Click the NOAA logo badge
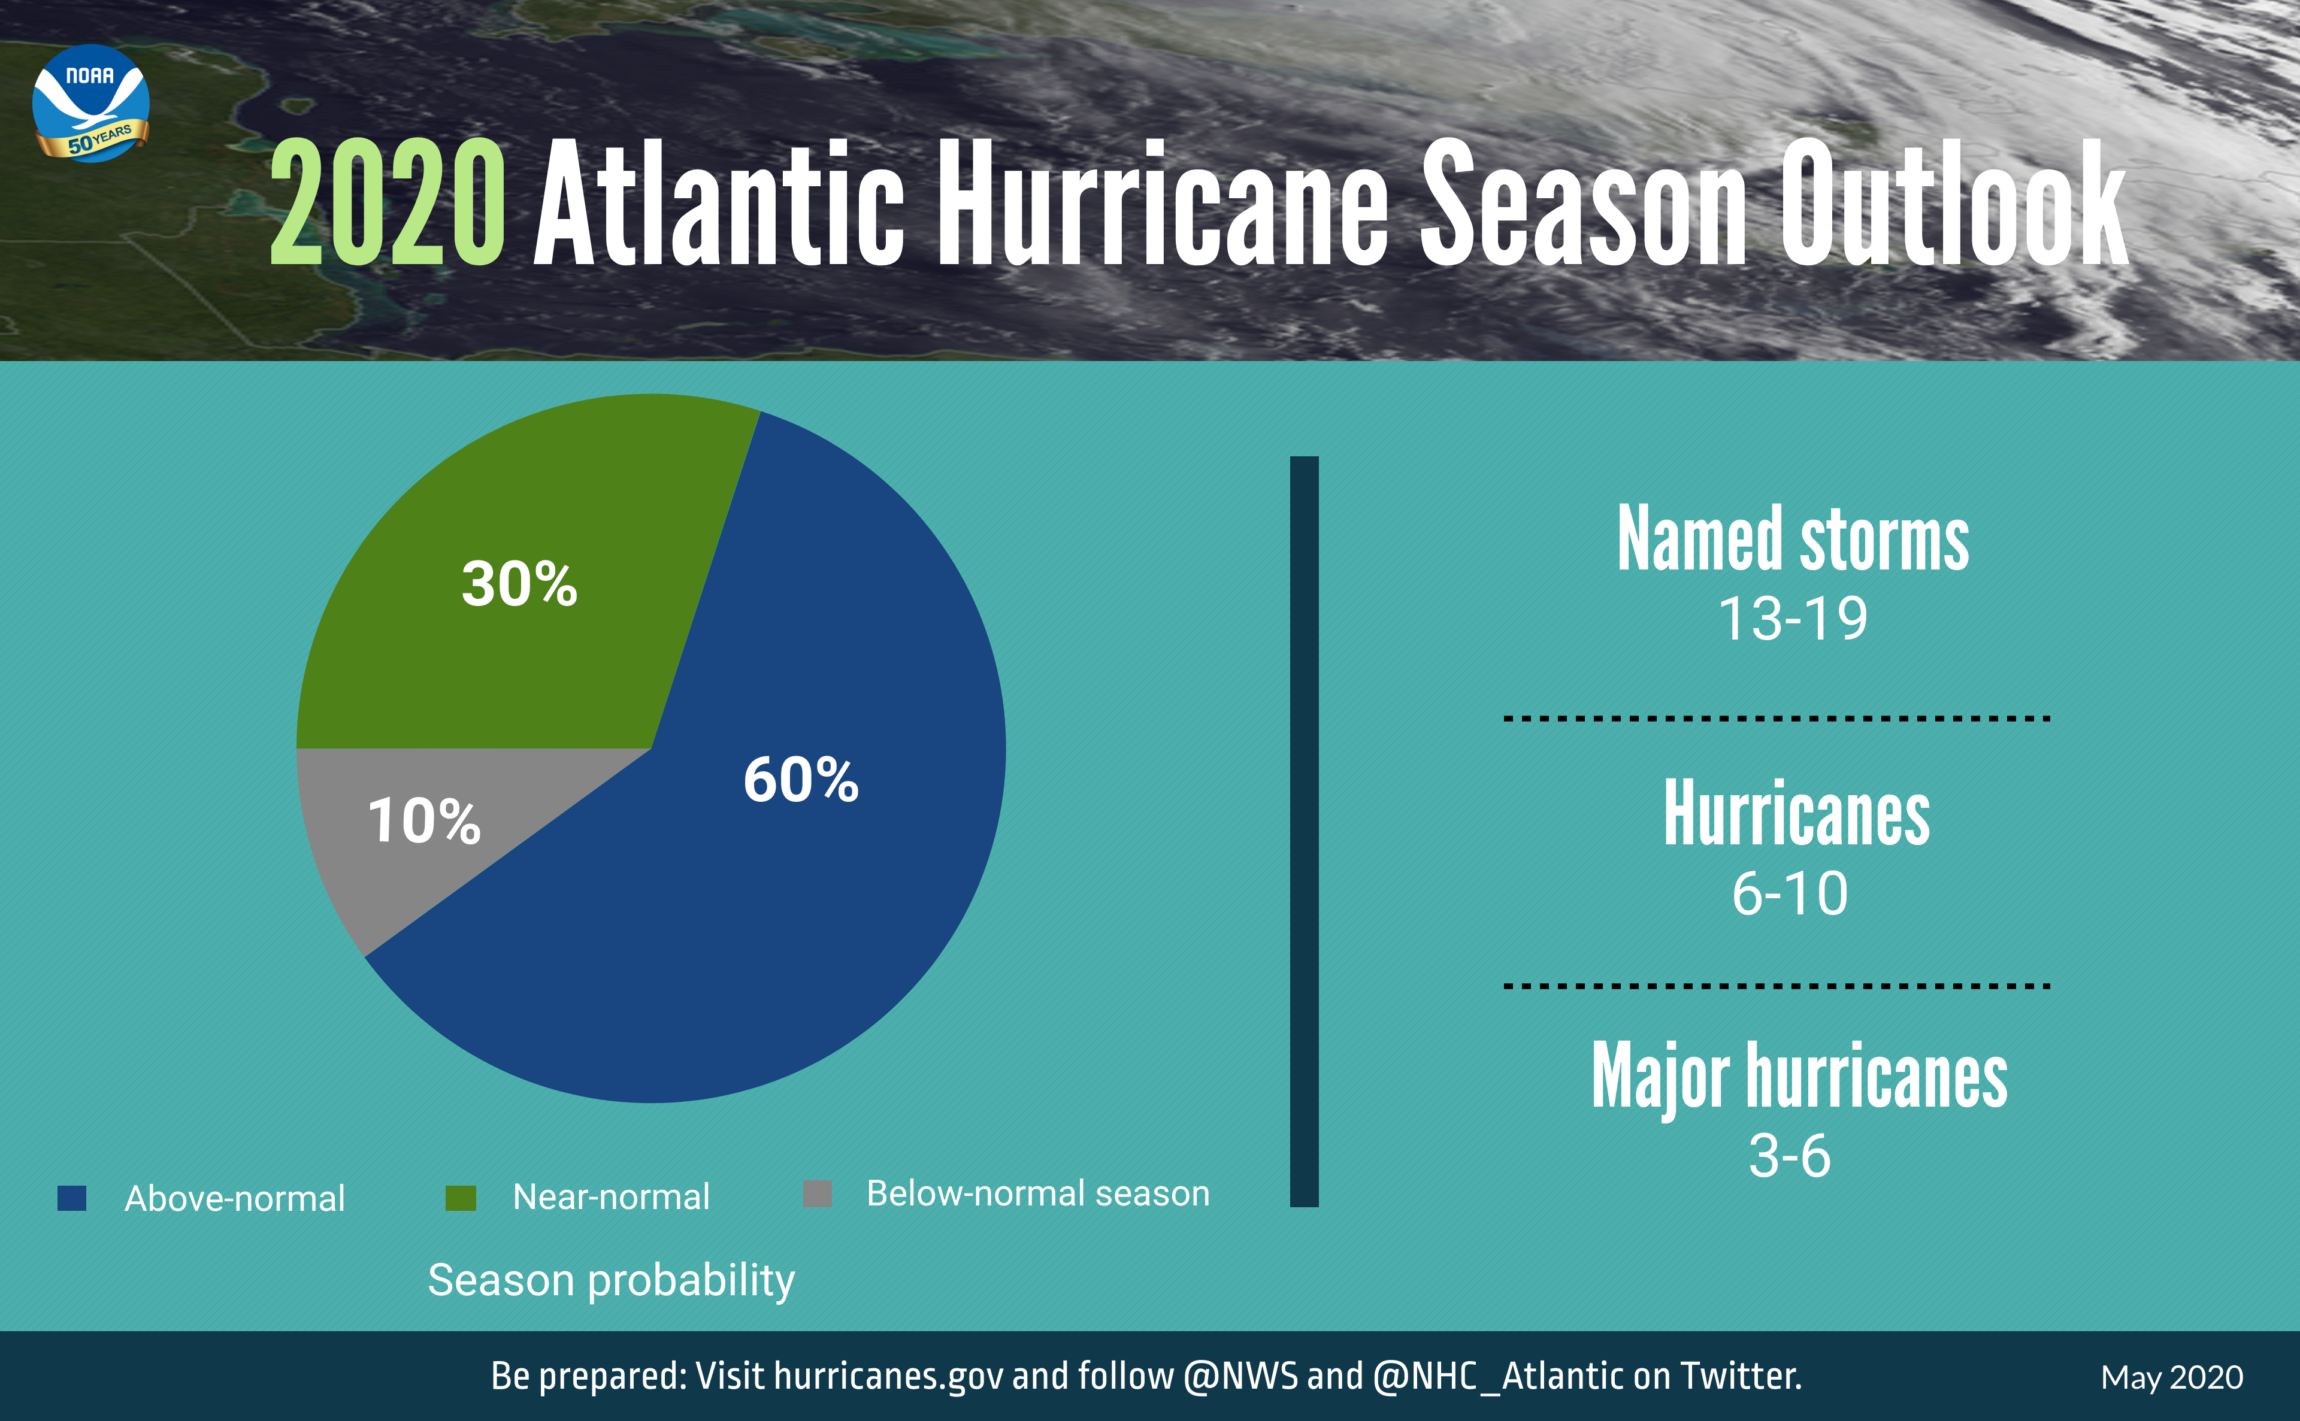(x=90, y=104)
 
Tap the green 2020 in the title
(x=386, y=202)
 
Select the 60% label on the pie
(x=801, y=780)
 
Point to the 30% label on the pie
(x=519, y=584)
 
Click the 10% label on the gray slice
(x=424, y=820)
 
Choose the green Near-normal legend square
(x=461, y=1197)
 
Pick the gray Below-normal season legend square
(x=818, y=1193)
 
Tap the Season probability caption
(x=611, y=1280)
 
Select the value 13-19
(x=1793, y=619)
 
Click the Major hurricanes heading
(x=1799, y=1076)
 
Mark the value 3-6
(x=1790, y=1156)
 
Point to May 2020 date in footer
(x=2171, y=1378)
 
